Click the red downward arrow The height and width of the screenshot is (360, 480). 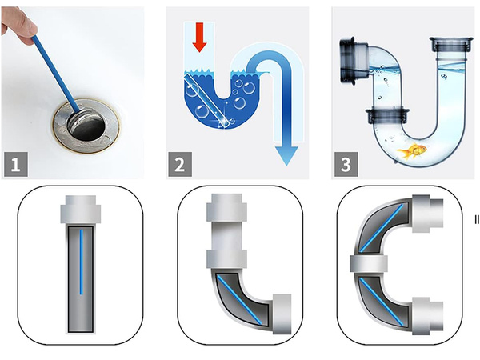tap(200, 37)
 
